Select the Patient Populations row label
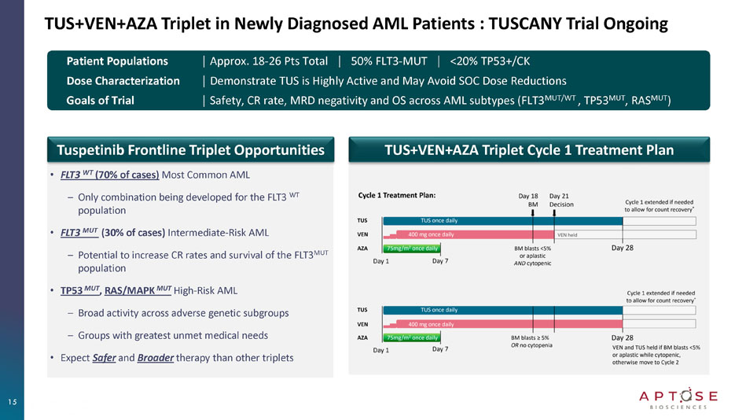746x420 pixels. [x=117, y=61]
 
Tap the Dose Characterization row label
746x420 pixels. [x=123, y=80]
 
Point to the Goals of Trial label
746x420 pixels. [x=100, y=100]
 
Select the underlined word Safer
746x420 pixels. [x=102, y=358]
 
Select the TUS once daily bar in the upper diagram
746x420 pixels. [x=438, y=220]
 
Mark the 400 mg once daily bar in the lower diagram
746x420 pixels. [x=431, y=323]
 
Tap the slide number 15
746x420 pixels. [x=13, y=402]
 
